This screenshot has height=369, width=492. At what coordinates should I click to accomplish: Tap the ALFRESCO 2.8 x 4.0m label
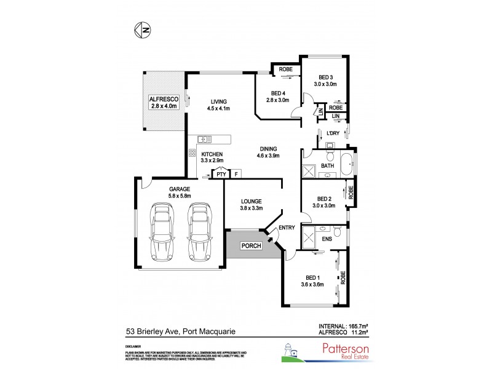[163, 102]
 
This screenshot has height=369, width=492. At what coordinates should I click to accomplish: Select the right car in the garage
[199, 232]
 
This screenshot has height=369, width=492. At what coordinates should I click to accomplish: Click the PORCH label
[252, 246]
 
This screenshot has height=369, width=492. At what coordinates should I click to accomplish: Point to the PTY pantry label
[221, 175]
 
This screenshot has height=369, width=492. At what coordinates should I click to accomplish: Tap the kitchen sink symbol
[204, 139]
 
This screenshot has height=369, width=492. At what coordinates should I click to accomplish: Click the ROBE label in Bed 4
[285, 69]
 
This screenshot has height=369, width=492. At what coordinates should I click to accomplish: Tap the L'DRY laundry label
[333, 133]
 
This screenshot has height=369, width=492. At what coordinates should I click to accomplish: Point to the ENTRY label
[287, 228]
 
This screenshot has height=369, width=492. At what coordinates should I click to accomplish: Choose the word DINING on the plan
[268, 148]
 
